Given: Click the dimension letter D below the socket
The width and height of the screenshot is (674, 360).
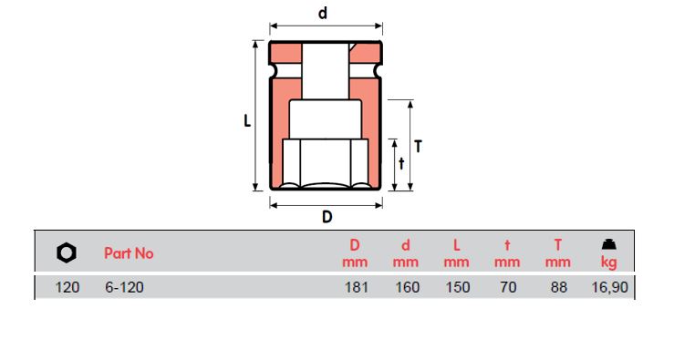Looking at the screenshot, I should pyautogui.click(x=326, y=217).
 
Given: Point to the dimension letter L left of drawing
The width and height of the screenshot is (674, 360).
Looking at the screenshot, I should pyautogui.click(x=247, y=120).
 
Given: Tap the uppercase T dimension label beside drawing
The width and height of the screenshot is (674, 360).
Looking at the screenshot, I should pyautogui.click(x=418, y=146).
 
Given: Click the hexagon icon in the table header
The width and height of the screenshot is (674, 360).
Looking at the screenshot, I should pyautogui.click(x=67, y=252).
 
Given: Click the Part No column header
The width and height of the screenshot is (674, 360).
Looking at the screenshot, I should pyautogui.click(x=129, y=253).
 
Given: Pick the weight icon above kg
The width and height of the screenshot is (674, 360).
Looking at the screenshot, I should pyautogui.click(x=607, y=244).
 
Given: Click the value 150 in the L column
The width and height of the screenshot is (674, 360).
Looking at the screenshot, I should pyautogui.click(x=457, y=287).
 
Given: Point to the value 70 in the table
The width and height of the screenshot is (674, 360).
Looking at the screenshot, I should pyautogui.click(x=508, y=287).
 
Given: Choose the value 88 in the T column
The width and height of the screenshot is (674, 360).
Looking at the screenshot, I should pyautogui.click(x=558, y=287).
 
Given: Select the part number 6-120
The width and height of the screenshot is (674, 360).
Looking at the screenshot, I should pyautogui.click(x=123, y=287).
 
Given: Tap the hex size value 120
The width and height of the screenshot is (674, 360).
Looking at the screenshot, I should pyautogui.click(x=67, y=287).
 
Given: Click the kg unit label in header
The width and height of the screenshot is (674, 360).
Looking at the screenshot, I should pyautogui.click(x=608, y=262).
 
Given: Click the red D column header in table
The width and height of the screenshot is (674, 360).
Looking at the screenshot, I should pyautogui.click(x=355, y=244).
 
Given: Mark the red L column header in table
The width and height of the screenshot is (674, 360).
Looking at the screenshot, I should pyautogui.click(x=457, y=244).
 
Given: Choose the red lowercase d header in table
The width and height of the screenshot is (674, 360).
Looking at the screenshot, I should pyautogui.click(x=406, y=244).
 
